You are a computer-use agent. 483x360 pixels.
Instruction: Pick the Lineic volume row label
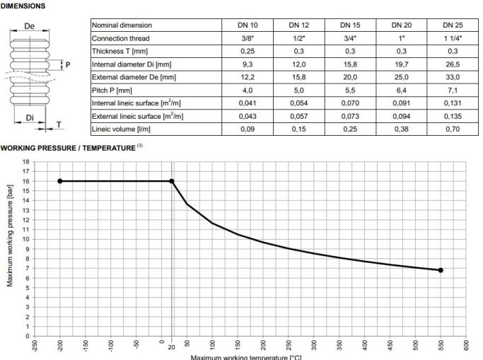[117, 129]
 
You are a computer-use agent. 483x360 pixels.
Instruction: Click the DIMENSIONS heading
[23, 5]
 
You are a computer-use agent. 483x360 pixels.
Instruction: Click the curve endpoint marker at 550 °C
[441, 270]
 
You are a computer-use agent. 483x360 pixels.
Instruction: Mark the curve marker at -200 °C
[60, 181]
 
